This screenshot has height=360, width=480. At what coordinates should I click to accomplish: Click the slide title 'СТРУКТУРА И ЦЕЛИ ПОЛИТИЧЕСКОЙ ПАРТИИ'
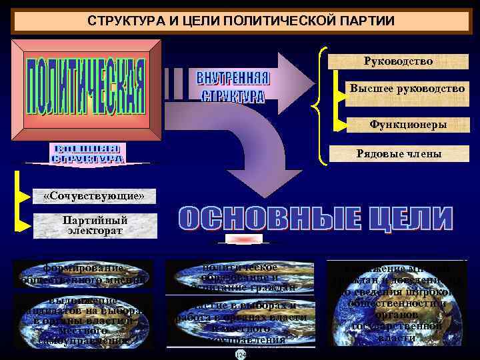241,21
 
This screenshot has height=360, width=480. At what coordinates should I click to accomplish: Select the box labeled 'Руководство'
398,61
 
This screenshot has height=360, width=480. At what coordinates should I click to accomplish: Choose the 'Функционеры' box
407,125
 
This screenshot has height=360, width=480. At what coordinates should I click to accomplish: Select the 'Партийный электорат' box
95,226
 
